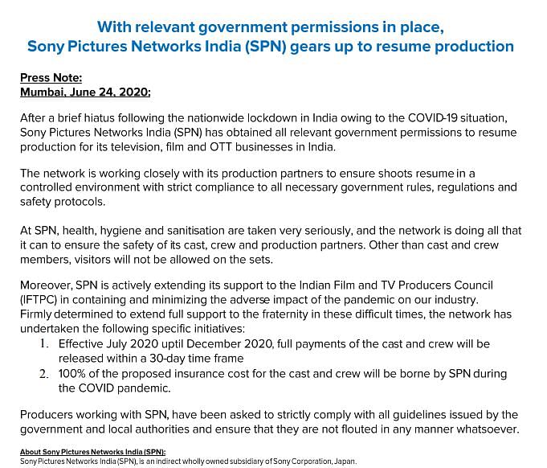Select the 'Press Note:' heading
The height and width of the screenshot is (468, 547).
point(51,79)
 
